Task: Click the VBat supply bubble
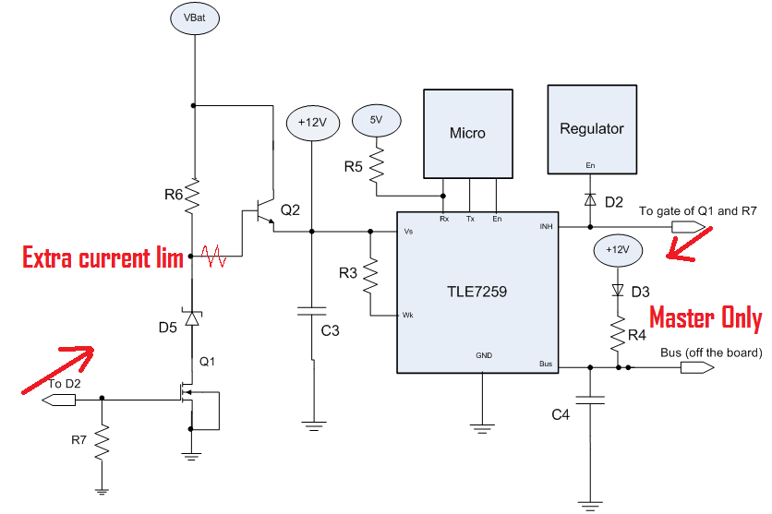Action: click(x=194, y=18)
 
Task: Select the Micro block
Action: click(x=467, y=133)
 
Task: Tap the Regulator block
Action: click(x=592, y=128)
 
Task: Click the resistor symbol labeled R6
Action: click(x=194, y=195)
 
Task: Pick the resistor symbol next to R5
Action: click(x=377, y=168)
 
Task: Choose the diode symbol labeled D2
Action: click(x=589, y=199)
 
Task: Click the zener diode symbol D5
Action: click(x=193, y=318)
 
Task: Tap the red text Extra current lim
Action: click(x=102, y=257)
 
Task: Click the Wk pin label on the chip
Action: click(x=407, y=316)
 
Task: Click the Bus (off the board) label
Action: click(x=711, y=353)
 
